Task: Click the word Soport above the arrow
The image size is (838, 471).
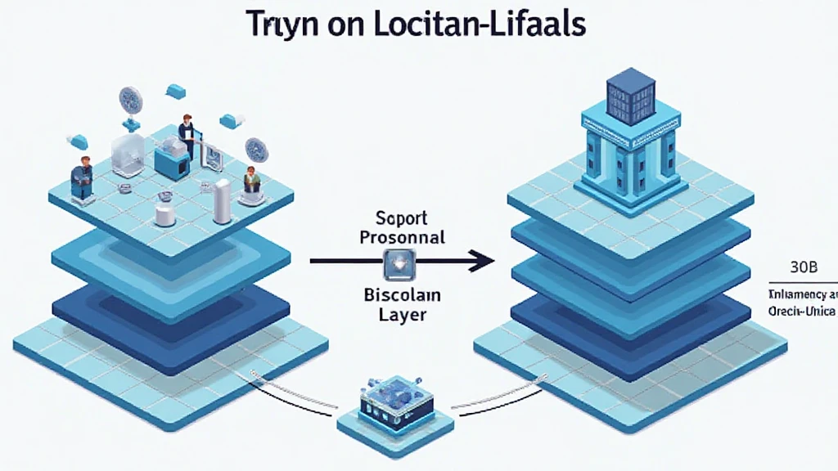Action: click(x=401, y=219)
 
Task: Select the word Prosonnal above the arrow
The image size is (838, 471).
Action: click(x=401, y=237)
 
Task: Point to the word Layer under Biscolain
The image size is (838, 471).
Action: click(x=400, y=313)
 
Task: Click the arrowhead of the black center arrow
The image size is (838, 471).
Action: click(x=483, y=262)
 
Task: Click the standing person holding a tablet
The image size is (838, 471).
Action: click(x=186, y=135)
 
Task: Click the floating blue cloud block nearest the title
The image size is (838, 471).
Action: click(x=174, y=90)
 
